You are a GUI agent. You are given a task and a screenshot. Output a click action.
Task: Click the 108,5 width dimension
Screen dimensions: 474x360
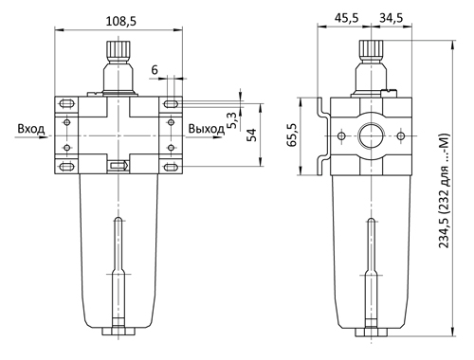(120, 22)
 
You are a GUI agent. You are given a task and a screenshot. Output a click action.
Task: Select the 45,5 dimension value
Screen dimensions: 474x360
(347, 18)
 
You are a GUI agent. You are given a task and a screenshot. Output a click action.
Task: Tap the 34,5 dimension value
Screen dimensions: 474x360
(392, 18)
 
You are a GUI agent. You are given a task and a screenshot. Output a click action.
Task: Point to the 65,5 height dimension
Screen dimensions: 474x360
(292, 135)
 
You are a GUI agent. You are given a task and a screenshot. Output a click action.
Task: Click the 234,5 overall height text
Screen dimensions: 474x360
(445, 191)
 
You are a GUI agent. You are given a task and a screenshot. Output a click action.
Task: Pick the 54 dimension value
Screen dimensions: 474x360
(252, 135)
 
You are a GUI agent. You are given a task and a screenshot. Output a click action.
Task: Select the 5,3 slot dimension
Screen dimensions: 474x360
(232, 120)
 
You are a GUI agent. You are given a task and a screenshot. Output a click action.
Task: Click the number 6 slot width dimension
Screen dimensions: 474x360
(155, 70)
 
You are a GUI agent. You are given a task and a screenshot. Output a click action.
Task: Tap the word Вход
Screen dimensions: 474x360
(31, 129)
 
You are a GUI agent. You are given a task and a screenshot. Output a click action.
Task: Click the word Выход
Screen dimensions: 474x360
(207, 129)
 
